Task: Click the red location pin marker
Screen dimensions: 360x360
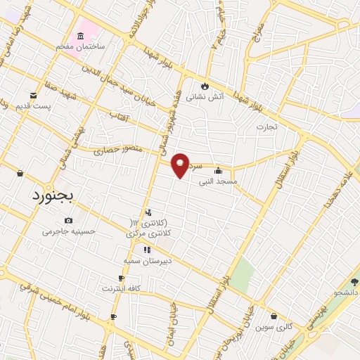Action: (x=181, y=165)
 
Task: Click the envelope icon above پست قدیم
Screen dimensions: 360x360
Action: (x=32, y=95)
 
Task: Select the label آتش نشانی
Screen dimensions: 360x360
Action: (x=205, y=98)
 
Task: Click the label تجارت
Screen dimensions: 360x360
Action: (x=266, y=127)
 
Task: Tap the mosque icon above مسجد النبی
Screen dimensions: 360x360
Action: (x=218, y=170)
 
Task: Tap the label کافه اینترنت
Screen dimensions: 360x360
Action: (x=122, y=288)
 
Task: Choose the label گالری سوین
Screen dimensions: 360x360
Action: (x=273, y=327)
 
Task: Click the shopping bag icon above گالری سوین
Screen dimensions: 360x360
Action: (x=273, y=316)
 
